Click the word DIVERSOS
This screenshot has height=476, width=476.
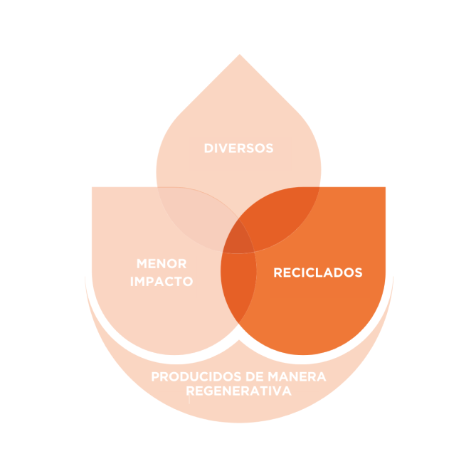[x=238, y=149]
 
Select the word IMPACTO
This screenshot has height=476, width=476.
[x=162, y=281]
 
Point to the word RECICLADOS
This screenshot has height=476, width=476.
[x=318, y=273]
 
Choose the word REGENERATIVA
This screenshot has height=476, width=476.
[x=238, y=391]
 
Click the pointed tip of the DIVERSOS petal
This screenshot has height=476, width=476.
[x=239, y=56]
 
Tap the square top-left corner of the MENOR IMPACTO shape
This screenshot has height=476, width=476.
[x=93, y=189]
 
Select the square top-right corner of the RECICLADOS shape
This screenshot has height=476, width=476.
[x=384, y=189]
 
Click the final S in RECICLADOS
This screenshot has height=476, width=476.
[x=359, y=273]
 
